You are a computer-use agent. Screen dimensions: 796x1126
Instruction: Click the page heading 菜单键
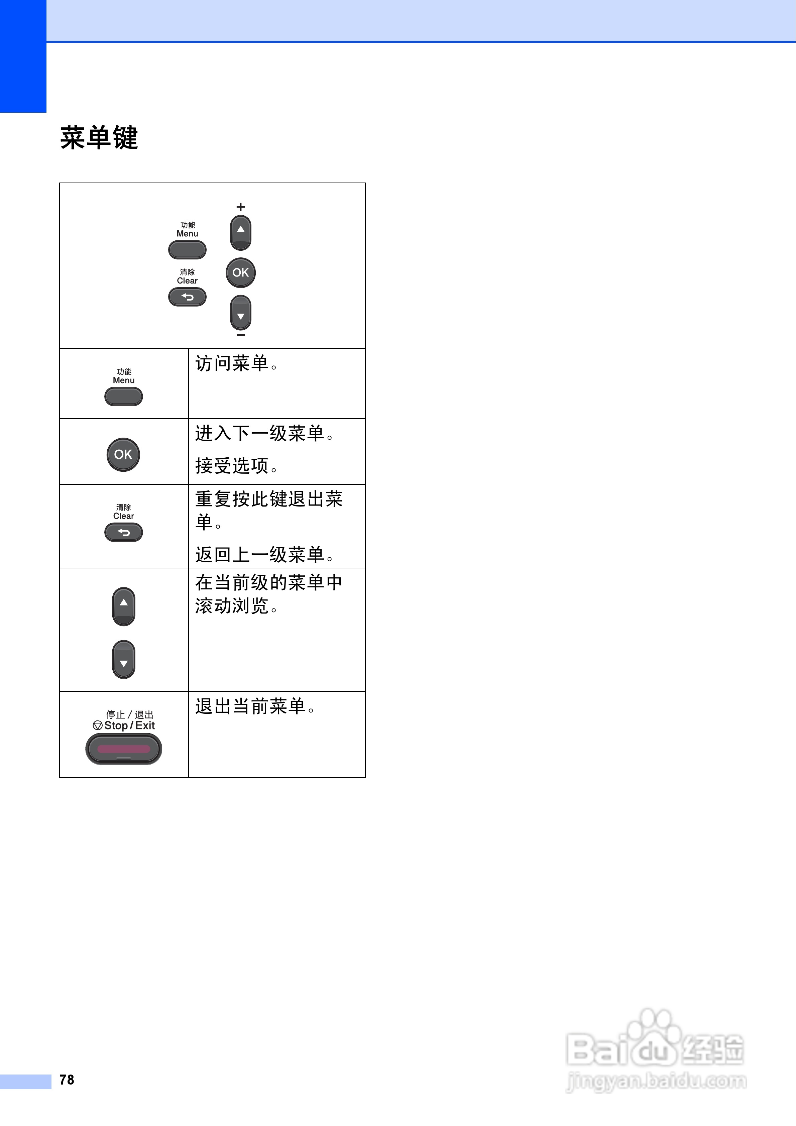pyautogui.click(x=99, y=138)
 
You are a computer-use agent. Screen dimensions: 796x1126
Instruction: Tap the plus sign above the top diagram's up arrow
pyautogui.click(x=240, y=207)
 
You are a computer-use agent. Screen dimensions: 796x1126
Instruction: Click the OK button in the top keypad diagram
pyautogui.click(x=240, y=273)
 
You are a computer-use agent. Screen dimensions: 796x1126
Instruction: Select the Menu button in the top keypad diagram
pyautogui.click(x=187, y=250)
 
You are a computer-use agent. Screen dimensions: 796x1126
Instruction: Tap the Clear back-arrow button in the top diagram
pyautogui.click(x=187, y=297)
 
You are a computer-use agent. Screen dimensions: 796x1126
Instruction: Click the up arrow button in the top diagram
pyautogui.click(x=240, y=232)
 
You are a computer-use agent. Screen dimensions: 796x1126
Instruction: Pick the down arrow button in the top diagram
pyautogui.click(x=240, y=312)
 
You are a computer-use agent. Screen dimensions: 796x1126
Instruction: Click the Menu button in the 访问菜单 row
pyautogui.click(x=124, y=396)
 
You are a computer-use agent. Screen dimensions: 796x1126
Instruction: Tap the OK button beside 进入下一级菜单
pyautogui.click(x=123, y=455)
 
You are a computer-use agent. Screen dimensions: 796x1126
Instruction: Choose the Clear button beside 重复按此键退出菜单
pyautogui.click(x=124, y=532)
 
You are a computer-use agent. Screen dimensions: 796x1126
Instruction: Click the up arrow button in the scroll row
pyautogui.click(x=124, y=606)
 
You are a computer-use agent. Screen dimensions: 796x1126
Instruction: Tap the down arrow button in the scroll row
pyautogui.click(x=124, y=660)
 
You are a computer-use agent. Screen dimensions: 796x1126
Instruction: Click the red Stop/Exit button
pyautogui.click(x=124, y=749)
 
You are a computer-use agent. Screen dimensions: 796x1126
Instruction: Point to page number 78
pyautogui.click(x=67, y=1080)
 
